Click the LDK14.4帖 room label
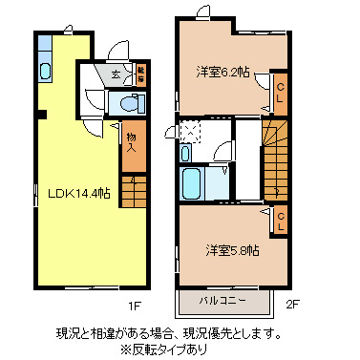pyautogui.click(x=78, y=192)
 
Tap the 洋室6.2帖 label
pyautogui.click(x=223, y=72)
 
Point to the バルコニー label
pyautogui.click(x=222, y=301)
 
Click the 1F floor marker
pyautogui.click(x=137, y=306)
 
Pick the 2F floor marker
pyautogui.click(x=294, y=306)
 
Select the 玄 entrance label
pyautogui.click(x=115, y=74)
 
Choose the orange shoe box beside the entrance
pyautogui.click(x=140, y=74)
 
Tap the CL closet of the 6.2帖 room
pyautogui.click(x=280, y=93)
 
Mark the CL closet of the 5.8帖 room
pyautogui.click(x=280, y=222)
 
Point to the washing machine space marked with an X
pyautogui.click(x=189, y=130)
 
